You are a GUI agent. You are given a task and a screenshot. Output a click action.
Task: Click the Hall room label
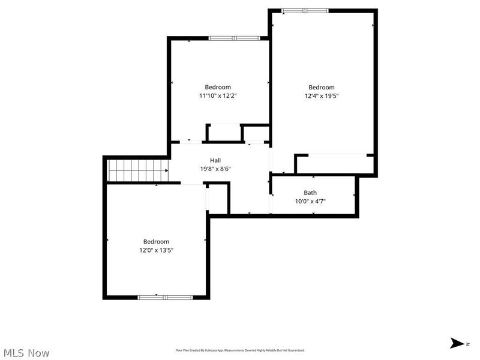215,160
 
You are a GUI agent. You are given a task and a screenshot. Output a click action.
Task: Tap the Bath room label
310,193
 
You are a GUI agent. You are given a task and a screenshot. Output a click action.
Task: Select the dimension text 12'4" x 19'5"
321,95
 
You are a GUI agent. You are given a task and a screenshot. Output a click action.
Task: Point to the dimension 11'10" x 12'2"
218,95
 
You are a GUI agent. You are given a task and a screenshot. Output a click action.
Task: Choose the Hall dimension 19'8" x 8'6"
215,169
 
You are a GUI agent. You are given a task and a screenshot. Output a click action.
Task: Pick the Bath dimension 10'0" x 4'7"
310,201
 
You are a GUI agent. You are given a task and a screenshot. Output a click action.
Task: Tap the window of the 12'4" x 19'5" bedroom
305,10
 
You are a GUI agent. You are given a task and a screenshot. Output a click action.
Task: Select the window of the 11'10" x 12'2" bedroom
234,38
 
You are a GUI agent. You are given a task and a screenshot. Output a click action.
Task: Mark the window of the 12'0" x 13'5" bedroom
166,296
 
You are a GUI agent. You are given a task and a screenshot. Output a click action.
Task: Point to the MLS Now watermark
26,353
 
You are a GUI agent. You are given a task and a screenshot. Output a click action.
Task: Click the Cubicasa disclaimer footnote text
240,350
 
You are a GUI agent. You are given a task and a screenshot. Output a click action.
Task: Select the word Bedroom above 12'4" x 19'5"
321,87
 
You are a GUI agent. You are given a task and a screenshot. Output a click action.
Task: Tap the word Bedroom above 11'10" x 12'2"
218,87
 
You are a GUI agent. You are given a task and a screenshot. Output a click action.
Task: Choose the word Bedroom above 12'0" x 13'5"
156,241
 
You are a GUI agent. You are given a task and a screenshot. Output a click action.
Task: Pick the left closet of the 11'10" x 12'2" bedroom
223,133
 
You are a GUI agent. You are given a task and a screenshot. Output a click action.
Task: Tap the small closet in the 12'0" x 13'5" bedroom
217,199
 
